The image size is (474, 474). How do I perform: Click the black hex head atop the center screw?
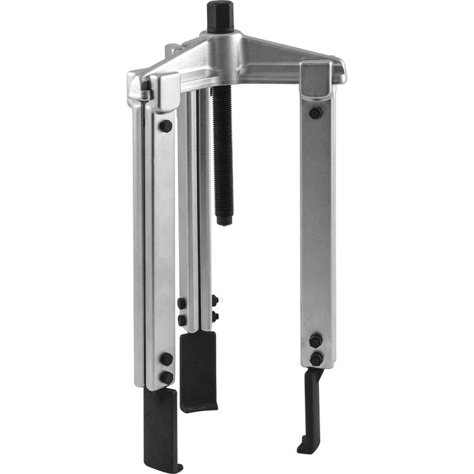[221, 15]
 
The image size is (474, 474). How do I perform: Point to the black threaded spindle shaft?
[222, 149]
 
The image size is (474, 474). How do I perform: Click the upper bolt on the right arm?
[315, 112]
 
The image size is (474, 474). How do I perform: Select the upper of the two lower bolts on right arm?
[315, 340]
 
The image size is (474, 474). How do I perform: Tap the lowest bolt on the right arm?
[316, 358]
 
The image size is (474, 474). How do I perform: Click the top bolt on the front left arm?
[165, 126]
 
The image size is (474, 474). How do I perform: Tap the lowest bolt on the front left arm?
[166, 376]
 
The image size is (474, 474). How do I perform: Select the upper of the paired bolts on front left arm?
[166, 358]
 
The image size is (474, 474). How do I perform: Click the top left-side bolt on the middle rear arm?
[181, 303]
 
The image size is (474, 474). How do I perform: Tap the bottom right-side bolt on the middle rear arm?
[214, 316]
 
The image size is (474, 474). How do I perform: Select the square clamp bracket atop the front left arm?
[163, 91]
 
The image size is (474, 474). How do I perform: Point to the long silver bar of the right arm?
[316, 223]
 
